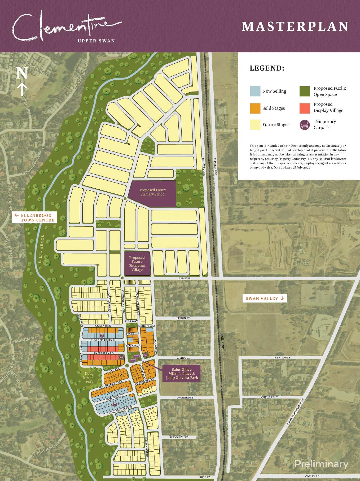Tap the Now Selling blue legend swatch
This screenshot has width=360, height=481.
point(255,91)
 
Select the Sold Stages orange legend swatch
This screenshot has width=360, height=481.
point(255,108)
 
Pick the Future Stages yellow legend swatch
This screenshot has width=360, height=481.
point(255,124)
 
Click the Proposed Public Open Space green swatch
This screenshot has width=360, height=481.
point(305,91)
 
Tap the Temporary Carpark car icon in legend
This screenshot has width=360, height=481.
point(305,125)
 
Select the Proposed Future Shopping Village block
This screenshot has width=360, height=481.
point(137,263)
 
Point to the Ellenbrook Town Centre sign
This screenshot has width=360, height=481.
point(34,218)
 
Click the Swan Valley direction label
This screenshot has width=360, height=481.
point(265,298)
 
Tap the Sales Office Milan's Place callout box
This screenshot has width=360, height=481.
point(182,374)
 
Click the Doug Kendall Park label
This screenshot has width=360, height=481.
point(89,378)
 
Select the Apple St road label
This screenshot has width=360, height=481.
point(184,278)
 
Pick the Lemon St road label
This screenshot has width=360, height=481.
point(183,318)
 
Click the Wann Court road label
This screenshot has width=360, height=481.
point(179,437)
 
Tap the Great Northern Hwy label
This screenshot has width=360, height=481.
point(295,412)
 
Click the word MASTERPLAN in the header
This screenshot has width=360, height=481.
point(295,27)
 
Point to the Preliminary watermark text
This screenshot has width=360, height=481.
point(321,464)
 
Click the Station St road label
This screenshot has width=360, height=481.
point(283,358)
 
